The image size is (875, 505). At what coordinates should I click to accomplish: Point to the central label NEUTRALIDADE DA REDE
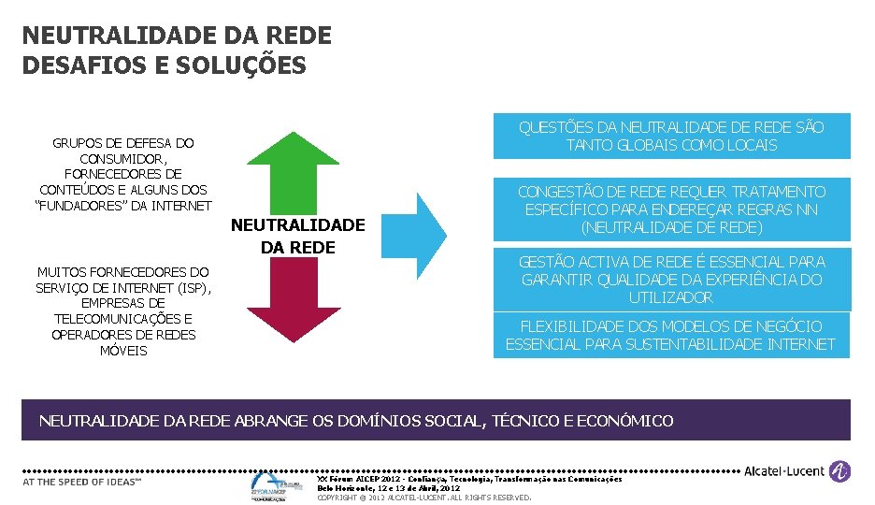pyautogui.click(x=297, y=236)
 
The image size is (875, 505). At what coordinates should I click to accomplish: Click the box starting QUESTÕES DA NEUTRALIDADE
pyautogui.click(x=671, y=137)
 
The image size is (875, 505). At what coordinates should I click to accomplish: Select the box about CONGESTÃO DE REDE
pyautogui.click(x=671, y=209)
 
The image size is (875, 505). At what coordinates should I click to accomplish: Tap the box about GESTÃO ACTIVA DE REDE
pyautogui.click(x=671, y=280)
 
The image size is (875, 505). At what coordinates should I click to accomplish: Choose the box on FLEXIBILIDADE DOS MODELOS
pyautogui.click(x=671, y=335)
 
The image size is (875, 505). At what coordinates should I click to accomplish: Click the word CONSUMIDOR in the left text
pyautogui.click(x=123, y=159)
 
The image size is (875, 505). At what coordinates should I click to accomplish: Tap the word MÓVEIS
pyautogui.click(x=123, y=351)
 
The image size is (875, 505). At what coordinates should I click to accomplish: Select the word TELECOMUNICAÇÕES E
pyautogui.click(x=123, y=319)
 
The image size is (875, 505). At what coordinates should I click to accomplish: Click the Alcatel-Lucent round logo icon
pyautogui.click(x=840, y=471)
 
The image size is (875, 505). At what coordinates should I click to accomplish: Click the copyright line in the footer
pyautogui.click(x=424, y=498)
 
